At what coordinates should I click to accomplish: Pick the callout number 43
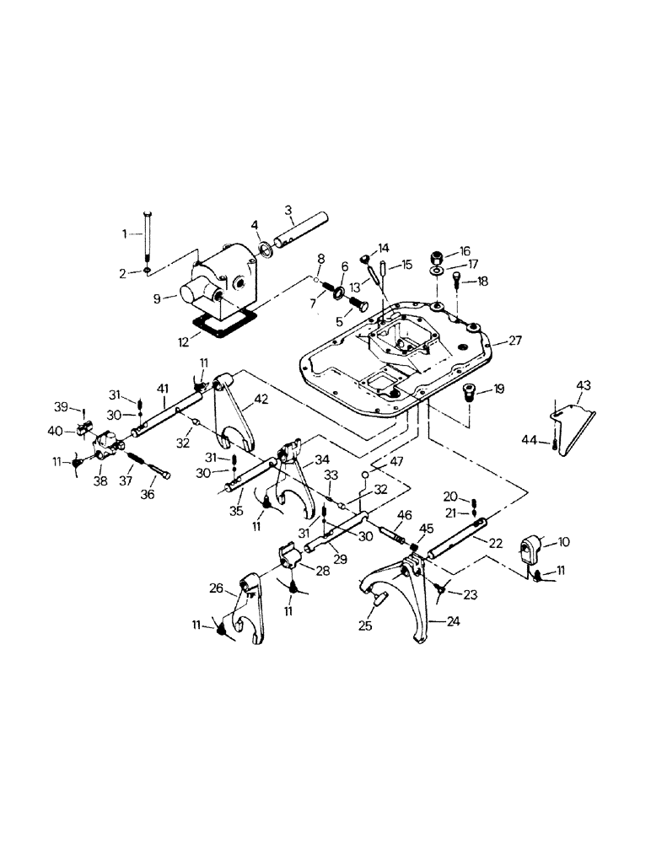584,385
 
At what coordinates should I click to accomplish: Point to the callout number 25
365,627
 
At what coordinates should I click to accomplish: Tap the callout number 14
385,248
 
